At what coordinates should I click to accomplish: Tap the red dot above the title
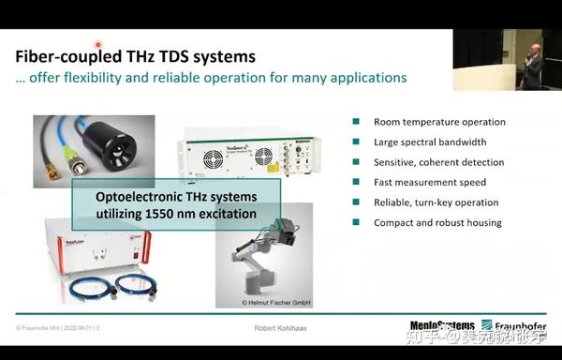[97, 43]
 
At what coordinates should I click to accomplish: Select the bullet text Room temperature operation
[439, 122]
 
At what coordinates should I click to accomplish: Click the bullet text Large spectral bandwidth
[430, 142]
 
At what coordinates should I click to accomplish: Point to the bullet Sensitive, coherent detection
[438, 162]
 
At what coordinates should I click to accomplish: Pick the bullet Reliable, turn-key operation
[436, 202]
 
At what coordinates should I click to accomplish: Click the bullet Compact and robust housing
[437, 222]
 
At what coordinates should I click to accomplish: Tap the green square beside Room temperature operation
[356, 122]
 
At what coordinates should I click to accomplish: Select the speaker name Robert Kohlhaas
[280, 328]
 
